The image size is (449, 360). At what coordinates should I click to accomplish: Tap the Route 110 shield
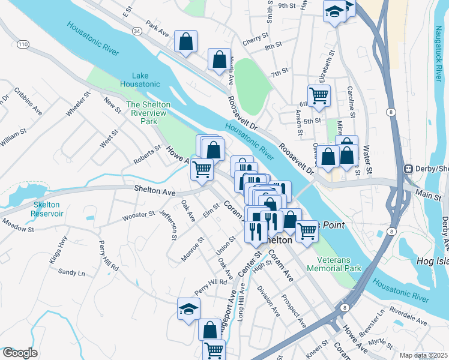(23, 44)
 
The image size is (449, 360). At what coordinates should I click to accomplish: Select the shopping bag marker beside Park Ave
(186, 41)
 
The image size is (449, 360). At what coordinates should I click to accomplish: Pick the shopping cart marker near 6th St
(319, 94)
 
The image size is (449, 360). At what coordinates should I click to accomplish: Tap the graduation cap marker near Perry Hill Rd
(188, 309)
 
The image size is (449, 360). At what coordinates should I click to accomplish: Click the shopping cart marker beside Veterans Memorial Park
(307, 230)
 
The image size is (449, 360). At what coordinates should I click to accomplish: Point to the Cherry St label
(255, 39)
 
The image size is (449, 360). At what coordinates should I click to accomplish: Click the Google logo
(20, 353)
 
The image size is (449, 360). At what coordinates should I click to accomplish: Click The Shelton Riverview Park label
(149, 112)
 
